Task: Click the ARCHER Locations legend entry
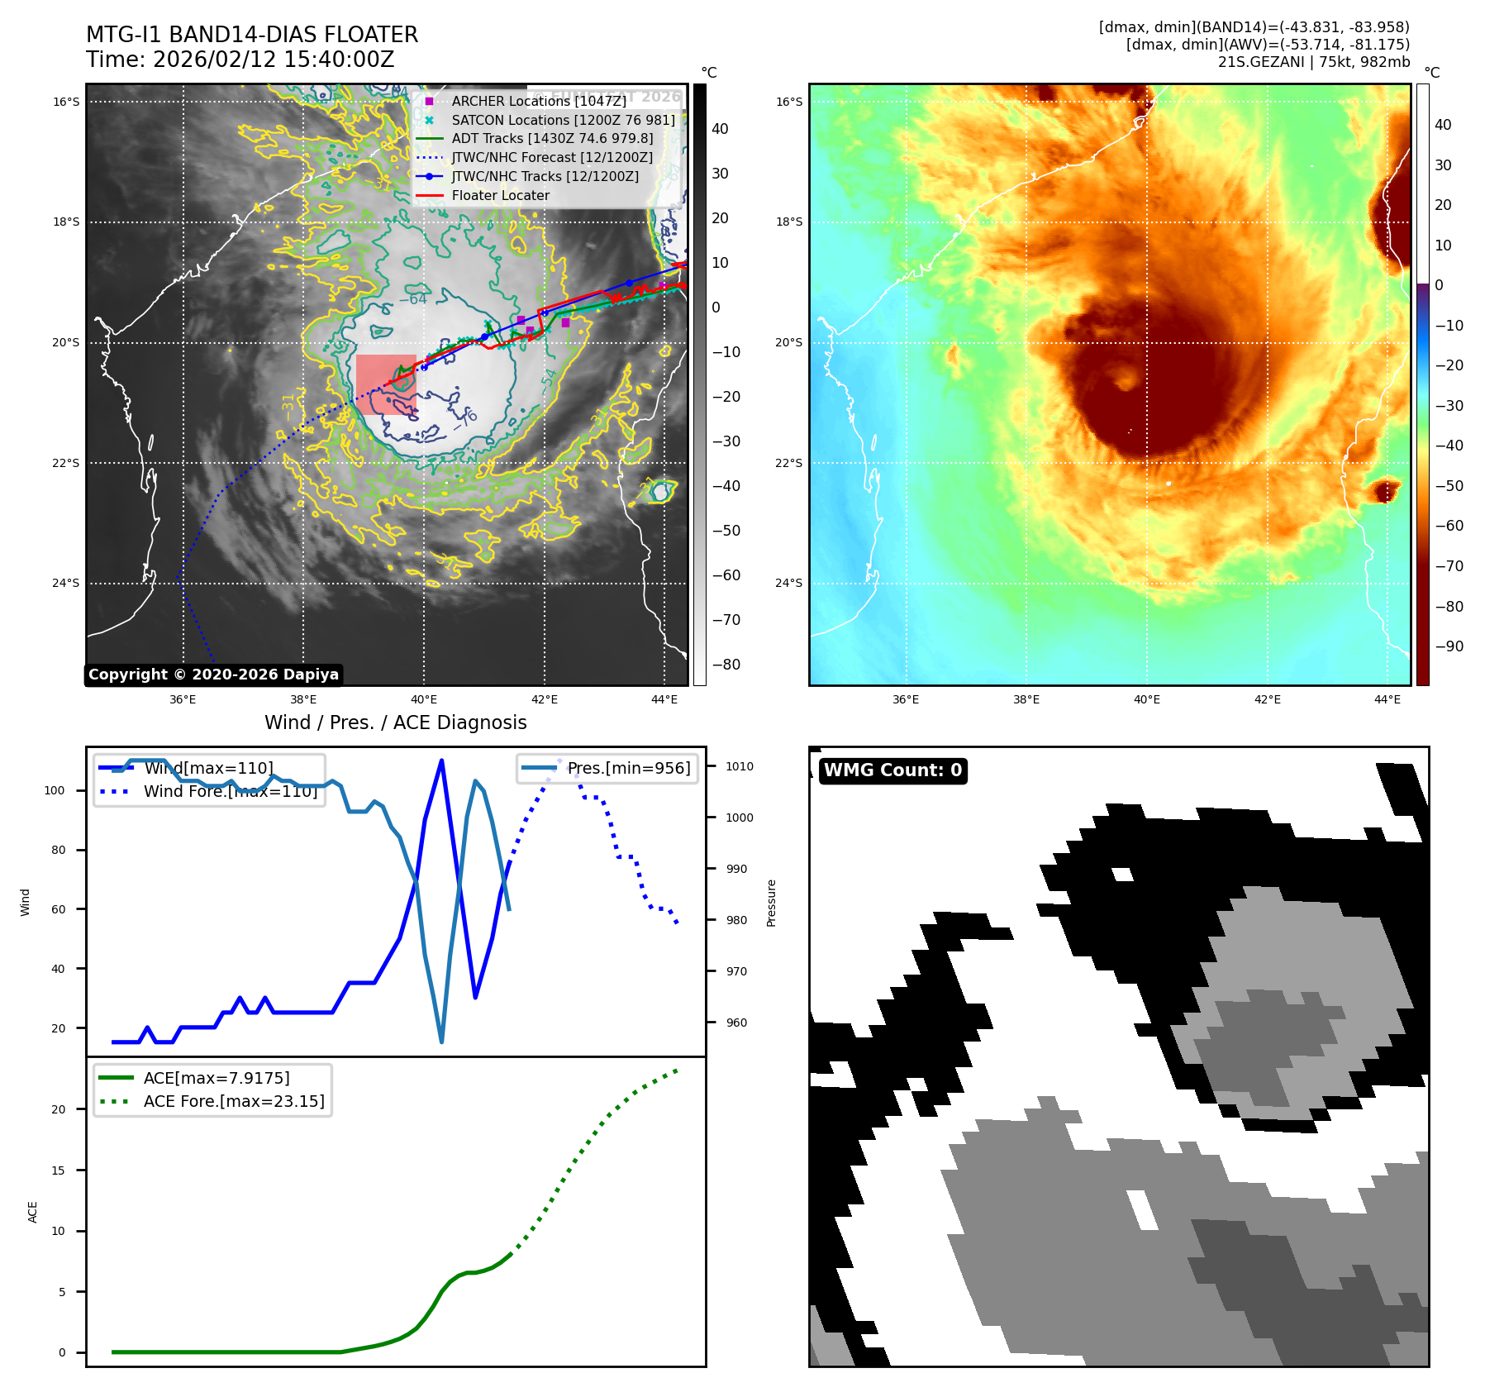[538, 101]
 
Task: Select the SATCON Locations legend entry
[563, 120]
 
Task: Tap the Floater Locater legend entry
[500, 196]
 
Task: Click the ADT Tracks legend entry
[552, 139]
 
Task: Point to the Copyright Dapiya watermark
[213, 675]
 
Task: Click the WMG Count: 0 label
[892, 770]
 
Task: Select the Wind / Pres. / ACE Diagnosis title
[395, 722]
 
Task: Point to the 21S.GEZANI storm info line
[1314, 62]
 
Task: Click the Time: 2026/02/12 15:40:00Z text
[240, 60]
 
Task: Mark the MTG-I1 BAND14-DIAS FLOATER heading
[252, 35]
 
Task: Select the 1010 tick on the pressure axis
[740, 766]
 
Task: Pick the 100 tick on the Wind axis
[55, 790]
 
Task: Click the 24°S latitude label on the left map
[66, 583]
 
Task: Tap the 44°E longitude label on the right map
[1387, 699]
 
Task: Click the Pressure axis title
[771, 903]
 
